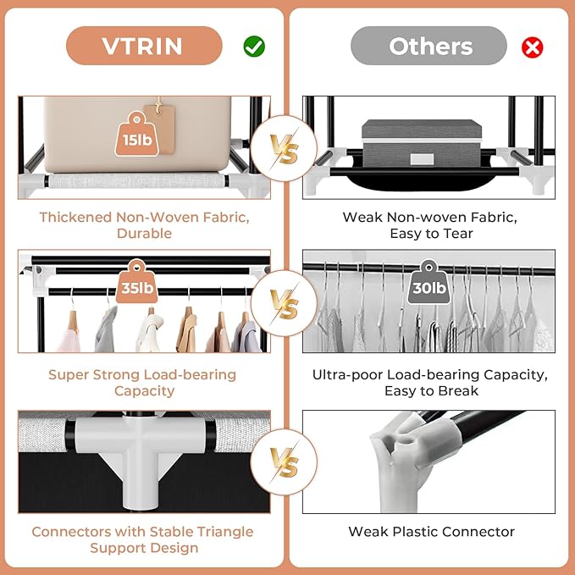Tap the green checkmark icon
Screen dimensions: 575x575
point(254,47)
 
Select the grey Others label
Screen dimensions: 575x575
point(429,46)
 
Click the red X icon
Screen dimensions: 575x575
point(533,47)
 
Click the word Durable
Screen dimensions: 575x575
point(144,233)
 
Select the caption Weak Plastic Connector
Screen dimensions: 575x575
point(431,532)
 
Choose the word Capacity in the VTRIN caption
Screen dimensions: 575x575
point(144,390)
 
